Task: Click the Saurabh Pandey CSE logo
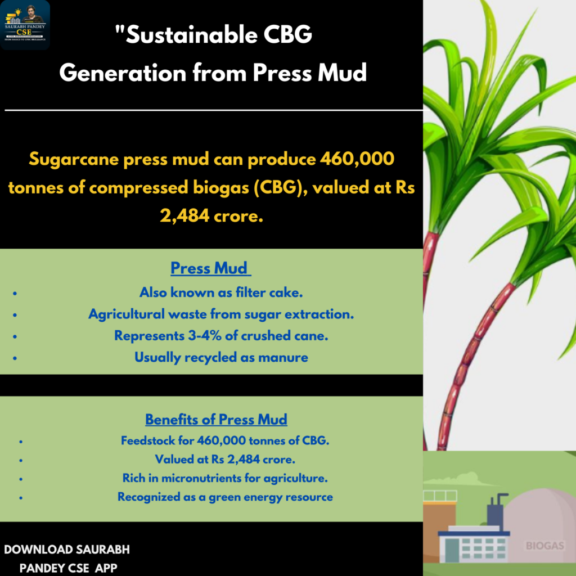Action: point(25,25)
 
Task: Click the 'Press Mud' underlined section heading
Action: point(210,268)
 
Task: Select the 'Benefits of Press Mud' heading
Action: point(216,420)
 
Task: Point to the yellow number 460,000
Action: point(357,159)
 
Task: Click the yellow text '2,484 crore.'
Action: point(211,215)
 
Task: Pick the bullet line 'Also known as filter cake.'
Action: point(221,292)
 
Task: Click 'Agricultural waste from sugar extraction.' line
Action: point(221,314)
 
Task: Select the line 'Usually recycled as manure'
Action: point(221,357)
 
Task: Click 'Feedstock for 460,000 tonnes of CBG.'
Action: point(225,440)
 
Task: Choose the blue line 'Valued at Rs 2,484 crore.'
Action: point(225,459)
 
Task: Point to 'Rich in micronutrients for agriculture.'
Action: point(225,478)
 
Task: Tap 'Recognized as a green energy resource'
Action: point(225,497)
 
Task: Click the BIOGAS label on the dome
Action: point(544,546)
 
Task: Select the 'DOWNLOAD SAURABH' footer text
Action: point(67,550)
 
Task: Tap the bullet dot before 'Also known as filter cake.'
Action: point(15,293)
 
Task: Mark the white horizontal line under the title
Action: point(214,110)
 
